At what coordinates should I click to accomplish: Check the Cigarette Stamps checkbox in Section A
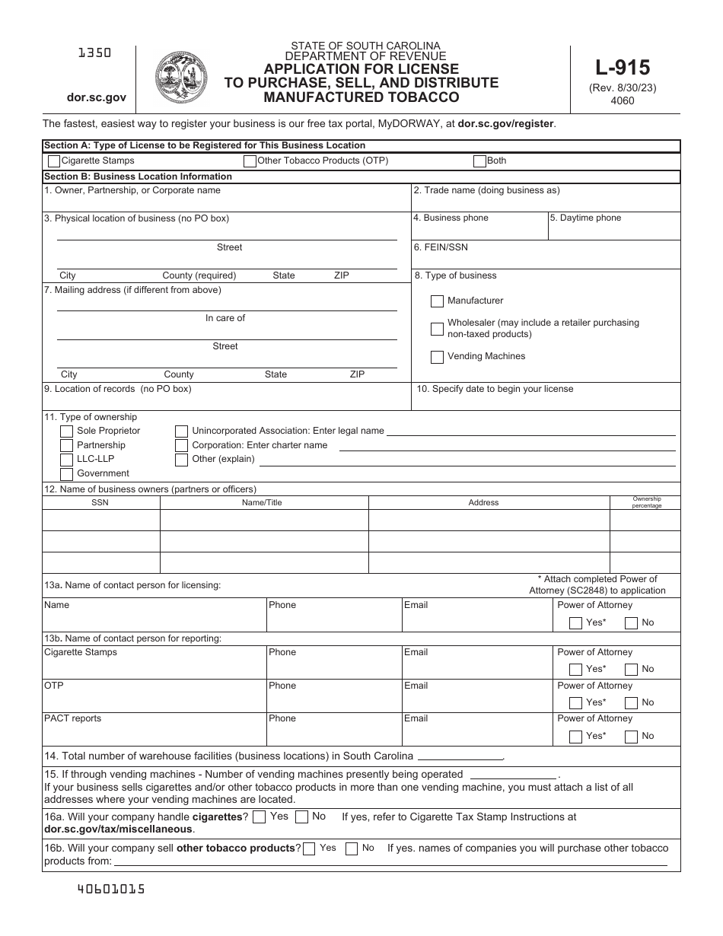point(54,161)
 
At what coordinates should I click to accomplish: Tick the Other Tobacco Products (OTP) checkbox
point(250,161)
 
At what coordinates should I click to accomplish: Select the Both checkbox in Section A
point(479,161)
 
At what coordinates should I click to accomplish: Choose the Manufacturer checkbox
point(437,301)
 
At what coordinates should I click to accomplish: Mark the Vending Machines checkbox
point(437,357)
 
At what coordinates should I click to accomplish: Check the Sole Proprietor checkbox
point(66,431)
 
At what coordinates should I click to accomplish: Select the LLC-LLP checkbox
point(66,460)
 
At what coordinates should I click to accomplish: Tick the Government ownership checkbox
point(66,473)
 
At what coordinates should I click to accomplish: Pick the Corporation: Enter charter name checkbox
point(181,446)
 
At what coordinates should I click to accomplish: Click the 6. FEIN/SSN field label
point(441,247)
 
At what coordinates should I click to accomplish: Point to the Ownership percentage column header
point(646,502)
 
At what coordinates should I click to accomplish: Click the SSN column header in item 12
point(100,503)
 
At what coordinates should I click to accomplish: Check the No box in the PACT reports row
point(631,737)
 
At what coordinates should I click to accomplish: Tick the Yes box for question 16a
point(259,817)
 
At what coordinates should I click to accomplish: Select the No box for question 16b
point(352,848)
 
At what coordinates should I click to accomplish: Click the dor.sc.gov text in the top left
point(96,97)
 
